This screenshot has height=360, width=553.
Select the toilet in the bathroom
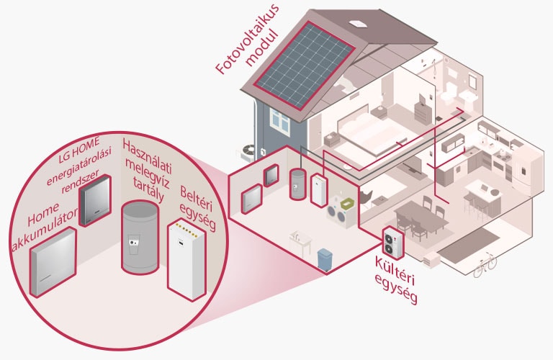tap(451, 93)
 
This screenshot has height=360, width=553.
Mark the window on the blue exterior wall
tap(281, 123)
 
